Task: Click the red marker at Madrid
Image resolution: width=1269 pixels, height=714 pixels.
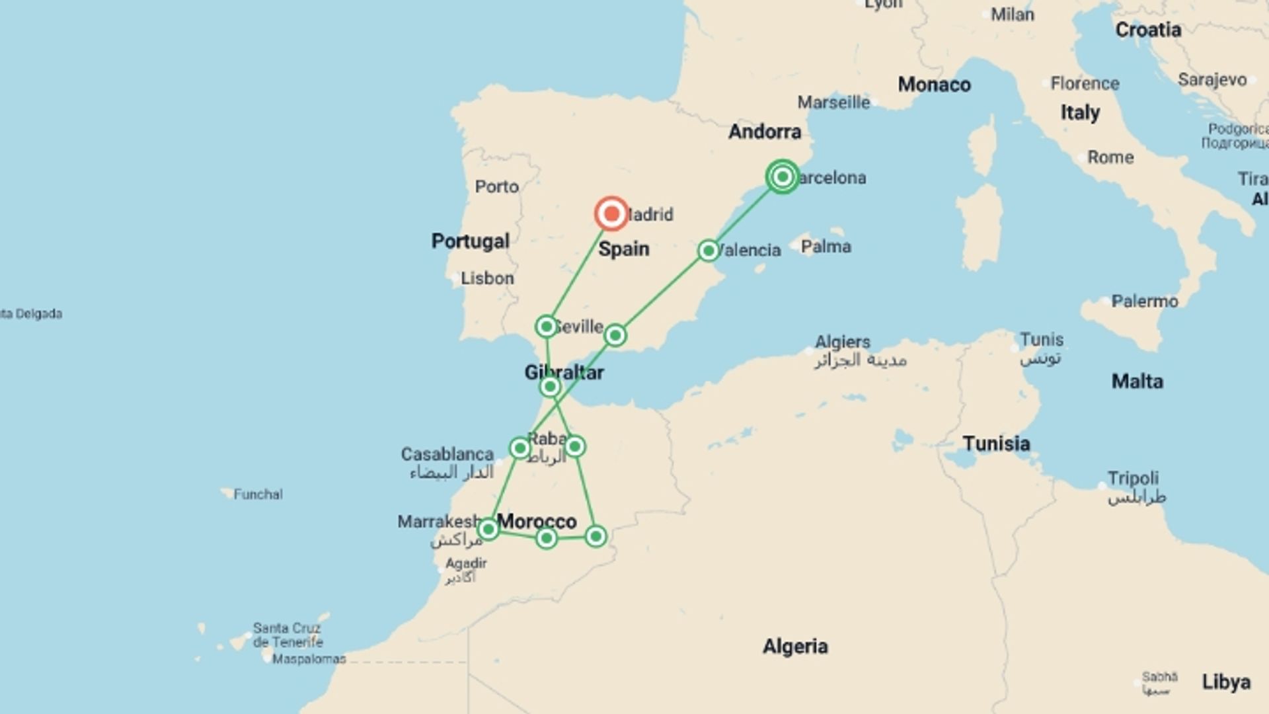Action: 611,214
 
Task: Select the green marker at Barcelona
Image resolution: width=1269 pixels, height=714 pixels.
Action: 783,177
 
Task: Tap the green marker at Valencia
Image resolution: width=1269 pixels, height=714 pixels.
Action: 708,251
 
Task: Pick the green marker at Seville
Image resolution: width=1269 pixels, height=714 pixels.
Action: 546,326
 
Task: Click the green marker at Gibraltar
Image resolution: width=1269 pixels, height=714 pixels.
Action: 550,386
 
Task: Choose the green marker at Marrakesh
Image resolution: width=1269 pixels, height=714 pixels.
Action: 488,529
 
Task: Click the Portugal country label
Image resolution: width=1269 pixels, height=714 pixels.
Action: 470,241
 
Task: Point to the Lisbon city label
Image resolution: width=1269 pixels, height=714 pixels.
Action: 487,278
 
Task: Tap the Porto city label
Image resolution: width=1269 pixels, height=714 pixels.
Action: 496,186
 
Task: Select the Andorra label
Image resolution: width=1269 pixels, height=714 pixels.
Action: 765,132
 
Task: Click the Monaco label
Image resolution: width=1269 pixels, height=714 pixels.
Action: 934,85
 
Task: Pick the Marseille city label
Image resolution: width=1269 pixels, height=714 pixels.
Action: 833,102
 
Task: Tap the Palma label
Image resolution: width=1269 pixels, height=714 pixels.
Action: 826,247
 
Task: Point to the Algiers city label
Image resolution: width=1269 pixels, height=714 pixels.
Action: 843,342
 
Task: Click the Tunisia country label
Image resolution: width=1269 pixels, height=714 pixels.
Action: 996,443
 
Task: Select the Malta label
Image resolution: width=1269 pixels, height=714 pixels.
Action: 1137,381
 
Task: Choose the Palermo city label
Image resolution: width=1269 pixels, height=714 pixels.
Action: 1144,301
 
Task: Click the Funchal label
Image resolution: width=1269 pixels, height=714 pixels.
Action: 258,494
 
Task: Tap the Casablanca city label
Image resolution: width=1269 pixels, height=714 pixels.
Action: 447,454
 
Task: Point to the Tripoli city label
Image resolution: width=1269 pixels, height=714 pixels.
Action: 1133,478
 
